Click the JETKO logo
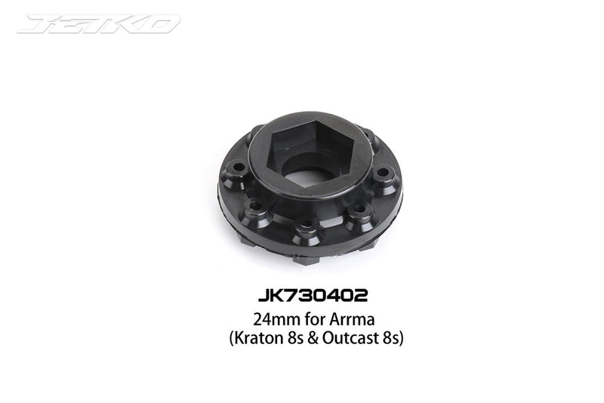[99, 23]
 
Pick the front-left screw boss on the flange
[257, 205]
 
